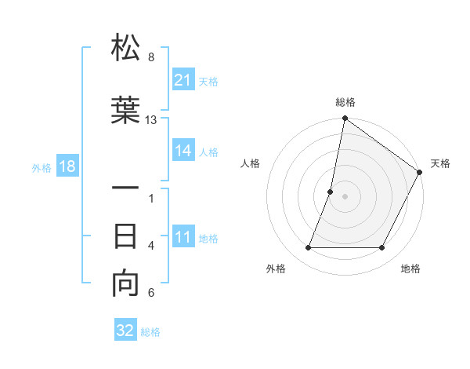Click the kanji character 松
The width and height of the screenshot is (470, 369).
click(125, 49)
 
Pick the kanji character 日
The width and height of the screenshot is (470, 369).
click(125, 236)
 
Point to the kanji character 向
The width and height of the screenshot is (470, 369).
click(125, 284)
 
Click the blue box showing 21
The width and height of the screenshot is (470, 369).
click(183, 80)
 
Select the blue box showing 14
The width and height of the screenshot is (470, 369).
click(183, 151)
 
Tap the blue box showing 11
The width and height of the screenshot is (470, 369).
click(183, 238)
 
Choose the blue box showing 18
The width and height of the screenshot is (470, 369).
click(67, 166)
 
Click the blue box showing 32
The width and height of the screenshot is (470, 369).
click(125, 331)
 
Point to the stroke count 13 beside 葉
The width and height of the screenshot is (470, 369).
click(151, 120)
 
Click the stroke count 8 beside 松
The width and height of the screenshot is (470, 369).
click(151, 57)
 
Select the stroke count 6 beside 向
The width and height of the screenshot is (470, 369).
click(151, 294)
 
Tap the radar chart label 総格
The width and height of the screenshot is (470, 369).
click(345, 102)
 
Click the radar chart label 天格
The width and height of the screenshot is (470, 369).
click(440, 163)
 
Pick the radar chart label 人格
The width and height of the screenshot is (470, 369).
click(250, 163)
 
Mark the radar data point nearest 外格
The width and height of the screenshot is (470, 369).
click(308, 248)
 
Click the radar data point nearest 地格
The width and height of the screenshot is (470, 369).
click(382, 248)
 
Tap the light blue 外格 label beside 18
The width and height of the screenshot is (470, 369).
click(42, 167)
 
